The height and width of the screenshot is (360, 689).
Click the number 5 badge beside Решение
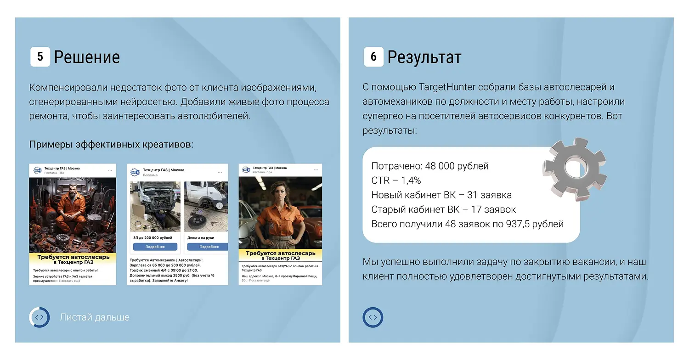[40, 57]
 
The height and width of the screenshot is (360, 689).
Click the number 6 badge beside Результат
[373, 57]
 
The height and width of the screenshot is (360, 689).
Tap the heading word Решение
[87, 57]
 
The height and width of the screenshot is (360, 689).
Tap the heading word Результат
[424, 57]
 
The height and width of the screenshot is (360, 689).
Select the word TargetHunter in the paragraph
[450, 87]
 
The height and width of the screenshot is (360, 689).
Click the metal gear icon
[574, 169]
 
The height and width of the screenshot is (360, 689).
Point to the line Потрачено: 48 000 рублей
[430, 166]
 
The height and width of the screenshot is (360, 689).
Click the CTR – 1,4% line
[396, 180]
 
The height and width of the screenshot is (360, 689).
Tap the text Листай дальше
[95, 317]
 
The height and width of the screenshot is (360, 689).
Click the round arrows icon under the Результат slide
[373, 317]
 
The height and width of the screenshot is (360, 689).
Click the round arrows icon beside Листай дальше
[39, 317]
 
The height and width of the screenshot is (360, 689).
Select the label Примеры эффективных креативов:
[111, 145]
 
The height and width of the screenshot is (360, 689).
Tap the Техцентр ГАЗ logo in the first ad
[38, 170]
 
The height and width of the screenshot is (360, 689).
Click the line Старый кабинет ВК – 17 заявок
[443, 209]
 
